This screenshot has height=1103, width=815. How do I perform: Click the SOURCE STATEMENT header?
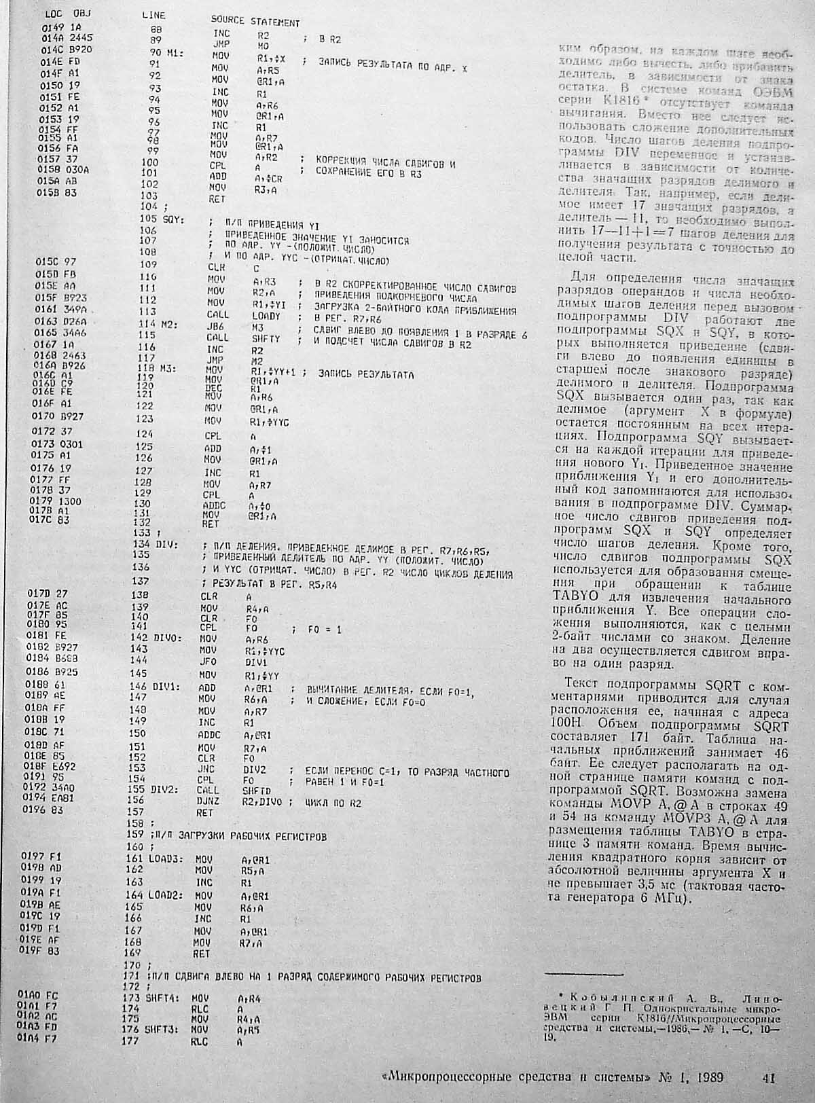point(255,22)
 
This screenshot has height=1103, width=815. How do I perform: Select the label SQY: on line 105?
point(168,219)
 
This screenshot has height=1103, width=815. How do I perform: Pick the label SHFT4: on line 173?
point(162,999)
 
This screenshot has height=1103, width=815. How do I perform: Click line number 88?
point(158,29)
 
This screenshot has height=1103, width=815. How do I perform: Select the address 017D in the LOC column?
point(39,593)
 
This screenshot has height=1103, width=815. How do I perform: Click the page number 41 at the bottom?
point(768,1077)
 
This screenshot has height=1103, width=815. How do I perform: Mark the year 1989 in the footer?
point(706,1077)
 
